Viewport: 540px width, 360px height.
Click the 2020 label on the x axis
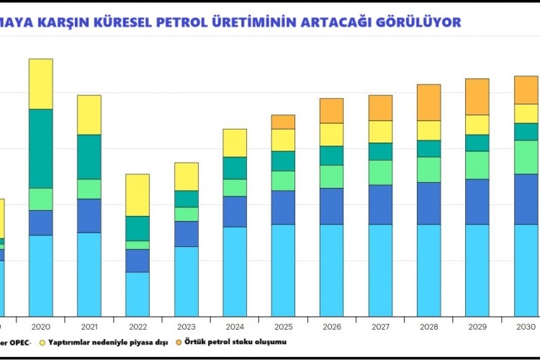40,325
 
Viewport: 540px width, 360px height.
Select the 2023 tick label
186,325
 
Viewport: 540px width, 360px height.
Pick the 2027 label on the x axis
380,325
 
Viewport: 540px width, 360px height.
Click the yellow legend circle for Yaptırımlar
42,342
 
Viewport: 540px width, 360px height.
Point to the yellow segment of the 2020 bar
40,84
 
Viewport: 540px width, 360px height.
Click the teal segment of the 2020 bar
40,148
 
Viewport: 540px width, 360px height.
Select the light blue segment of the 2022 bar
138,294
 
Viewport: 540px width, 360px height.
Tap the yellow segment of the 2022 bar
138,194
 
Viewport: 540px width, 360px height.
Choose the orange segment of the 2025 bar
283,122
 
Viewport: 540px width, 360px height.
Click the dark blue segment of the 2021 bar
89,215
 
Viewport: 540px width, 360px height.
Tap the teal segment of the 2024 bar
235,168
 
